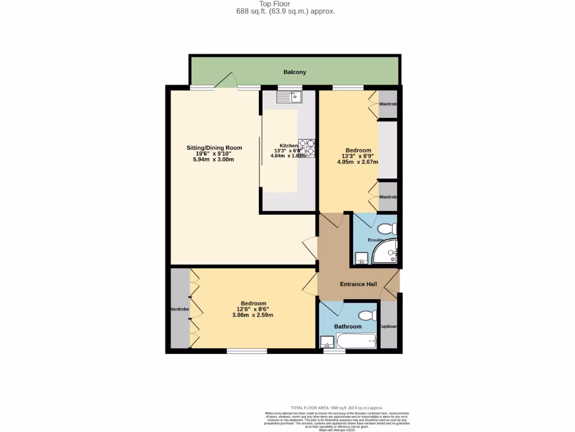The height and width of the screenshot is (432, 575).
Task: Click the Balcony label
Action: point(294,72)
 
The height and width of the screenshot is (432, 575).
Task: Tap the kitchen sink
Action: point(289,97)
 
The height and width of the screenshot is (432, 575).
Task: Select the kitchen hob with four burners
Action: point(307,148)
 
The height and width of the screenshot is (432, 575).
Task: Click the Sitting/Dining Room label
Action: point(214,148)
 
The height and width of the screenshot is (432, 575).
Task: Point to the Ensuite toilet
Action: point(386,229)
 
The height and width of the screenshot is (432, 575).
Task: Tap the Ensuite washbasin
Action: point(362,259)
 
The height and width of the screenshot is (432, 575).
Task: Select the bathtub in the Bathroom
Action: point(356,340)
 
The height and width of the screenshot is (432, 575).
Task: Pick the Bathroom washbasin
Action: point(326,341)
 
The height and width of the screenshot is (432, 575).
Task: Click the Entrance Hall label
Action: point(358,284)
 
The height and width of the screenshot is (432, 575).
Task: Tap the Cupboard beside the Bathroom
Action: point(389,326)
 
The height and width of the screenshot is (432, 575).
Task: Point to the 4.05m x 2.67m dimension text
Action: point(358,162)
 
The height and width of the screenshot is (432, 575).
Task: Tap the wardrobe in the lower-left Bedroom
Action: point(180,309)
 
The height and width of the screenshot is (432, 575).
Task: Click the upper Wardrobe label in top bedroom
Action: point(388,105)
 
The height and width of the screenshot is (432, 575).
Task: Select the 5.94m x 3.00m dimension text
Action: point(213,159)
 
